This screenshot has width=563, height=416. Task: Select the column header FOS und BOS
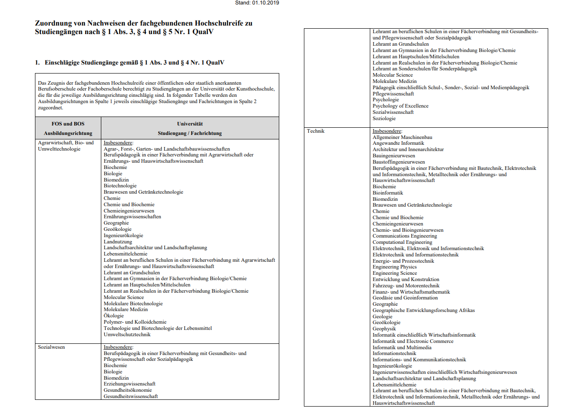point(68,123)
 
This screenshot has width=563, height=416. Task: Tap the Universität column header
point(190,123)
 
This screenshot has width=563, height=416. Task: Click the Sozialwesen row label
point(51,347)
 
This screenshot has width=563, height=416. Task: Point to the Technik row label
point(316,131)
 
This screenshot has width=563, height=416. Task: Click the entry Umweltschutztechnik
point(127,334)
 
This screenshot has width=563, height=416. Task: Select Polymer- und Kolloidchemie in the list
point(135,322)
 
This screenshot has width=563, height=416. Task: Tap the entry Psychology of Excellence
point(400,106)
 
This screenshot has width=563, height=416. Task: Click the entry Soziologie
point(384,118)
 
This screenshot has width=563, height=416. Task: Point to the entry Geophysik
point(384,329)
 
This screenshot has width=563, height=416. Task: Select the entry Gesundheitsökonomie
point(128,390)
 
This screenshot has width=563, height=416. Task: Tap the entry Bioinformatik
point(388,193)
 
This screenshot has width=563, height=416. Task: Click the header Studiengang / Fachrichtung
point(190,133)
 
